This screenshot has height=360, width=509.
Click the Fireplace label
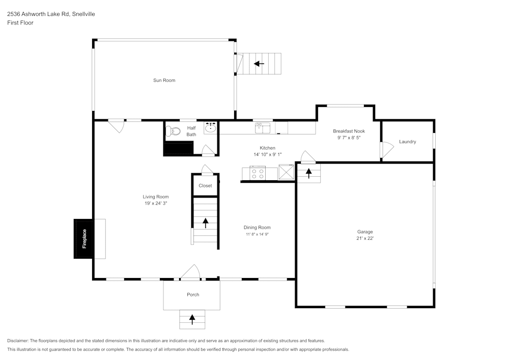[x=84, y=239]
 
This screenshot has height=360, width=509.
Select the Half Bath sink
[x=211, y=128]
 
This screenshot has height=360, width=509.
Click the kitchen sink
[x=262, y=127]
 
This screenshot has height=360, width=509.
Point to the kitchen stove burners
[x=257, y=174]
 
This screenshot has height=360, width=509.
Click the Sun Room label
[x=164, y=80]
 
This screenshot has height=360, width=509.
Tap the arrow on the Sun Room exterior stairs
[x=259, y=64]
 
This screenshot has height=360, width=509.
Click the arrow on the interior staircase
[x=206, y=223]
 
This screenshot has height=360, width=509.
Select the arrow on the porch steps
[x=192, y=319]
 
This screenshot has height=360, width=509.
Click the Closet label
[x=205, y=186]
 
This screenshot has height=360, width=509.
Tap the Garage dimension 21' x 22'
[x=365, y=238]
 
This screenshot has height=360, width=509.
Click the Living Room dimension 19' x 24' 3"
[x=156, y=203]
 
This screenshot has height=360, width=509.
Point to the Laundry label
[x=407, y=142]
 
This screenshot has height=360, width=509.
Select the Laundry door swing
[x=388, y=149]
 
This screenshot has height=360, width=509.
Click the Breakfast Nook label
[x=349, y=131]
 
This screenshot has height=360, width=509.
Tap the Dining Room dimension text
[x=257, y=234]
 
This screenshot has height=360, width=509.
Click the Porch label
[x=193, y=295]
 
